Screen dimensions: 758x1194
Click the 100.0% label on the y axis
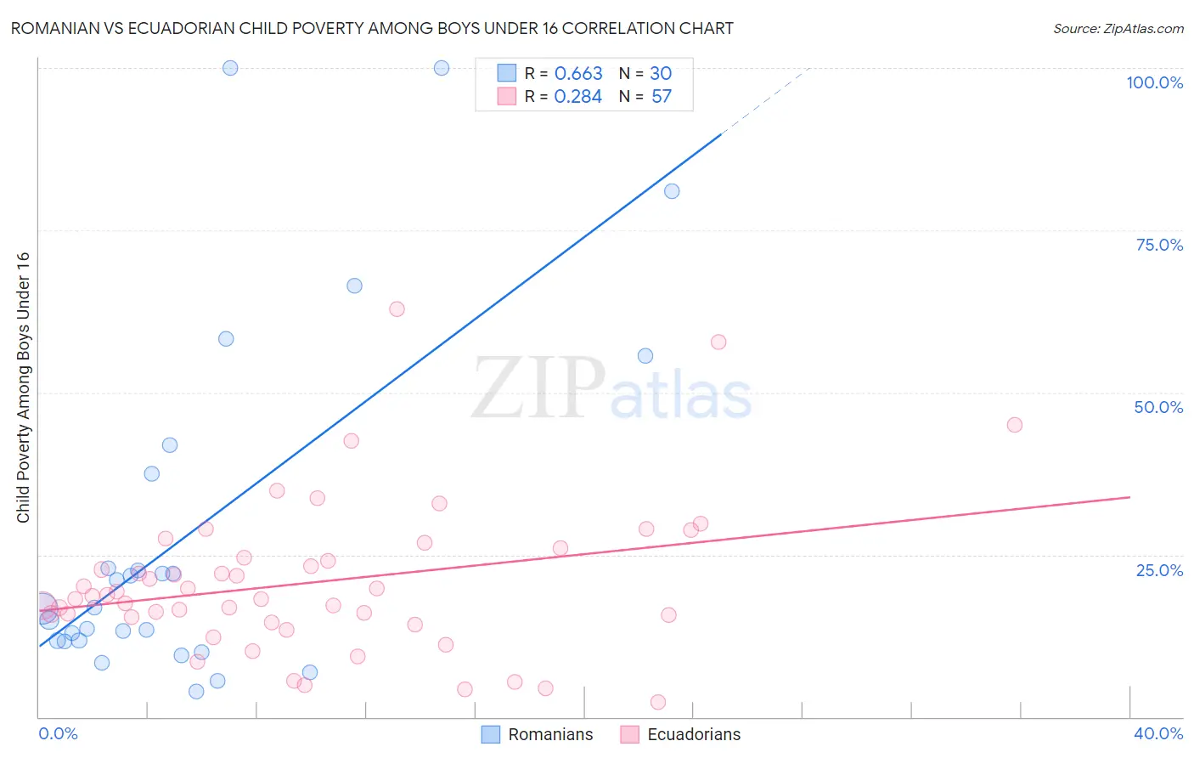(x=1154, y=82)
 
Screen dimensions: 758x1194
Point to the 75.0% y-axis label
(x=1159, y=245)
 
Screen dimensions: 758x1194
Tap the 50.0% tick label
(x=1158, y=407)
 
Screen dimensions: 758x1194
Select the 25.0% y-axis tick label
(x=1159, y=570)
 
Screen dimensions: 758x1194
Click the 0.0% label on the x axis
(x=58, y=733)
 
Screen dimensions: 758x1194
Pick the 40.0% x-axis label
(x=1157, y=733)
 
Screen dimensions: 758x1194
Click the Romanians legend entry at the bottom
(x=538, y=734)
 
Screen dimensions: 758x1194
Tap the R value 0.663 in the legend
(x=578, y=74)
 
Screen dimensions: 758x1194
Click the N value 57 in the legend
(x=662, y=97)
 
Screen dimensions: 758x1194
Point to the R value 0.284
(x=577, y=97)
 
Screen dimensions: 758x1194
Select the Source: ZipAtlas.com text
(x=1118, y=28)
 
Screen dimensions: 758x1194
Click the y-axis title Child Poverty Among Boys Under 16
(x=23, y=387)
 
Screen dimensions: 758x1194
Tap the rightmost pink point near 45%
(x=1014, y=425)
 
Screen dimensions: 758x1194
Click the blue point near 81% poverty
(x=672, y=191)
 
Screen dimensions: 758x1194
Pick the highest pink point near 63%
(x=397, y=309)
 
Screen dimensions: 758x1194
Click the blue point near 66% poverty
(x=354, y=286)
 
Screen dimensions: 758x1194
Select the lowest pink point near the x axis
(x=657, y=702)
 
